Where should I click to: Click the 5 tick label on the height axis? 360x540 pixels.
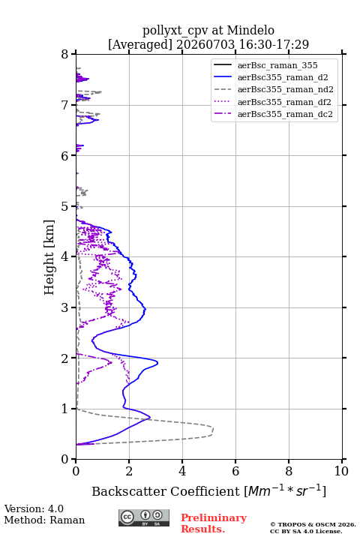(65, 206)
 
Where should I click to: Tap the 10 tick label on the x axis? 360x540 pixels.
(341, 471)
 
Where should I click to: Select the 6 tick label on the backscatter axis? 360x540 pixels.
(235, 471)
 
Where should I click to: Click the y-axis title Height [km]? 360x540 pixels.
(49, 257)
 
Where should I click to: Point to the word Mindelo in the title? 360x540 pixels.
(250, 30)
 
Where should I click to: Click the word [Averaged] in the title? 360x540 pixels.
(140, 44)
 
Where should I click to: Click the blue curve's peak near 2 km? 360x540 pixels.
(157, 362)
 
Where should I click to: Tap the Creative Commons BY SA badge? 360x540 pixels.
(144, 517)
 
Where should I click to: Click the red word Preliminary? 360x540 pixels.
(214, 517)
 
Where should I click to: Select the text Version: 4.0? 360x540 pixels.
(34, 508)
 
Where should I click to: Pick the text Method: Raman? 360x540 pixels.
(44, 520)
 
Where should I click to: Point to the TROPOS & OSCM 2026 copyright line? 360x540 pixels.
(313, 524)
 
